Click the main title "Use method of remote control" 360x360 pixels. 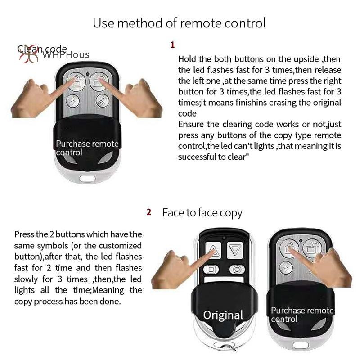(179, 23)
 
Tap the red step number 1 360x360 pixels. (172, 45)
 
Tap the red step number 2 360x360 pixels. (149, 212)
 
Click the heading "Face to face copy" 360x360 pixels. (202, 213)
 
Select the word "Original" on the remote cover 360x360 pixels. (223, 315)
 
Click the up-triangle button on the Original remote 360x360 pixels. (213, 250)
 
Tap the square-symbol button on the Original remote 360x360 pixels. (211, 269)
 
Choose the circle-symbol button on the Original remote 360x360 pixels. (237, 269)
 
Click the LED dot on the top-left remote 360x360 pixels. (87, 74)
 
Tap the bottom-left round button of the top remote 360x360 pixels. (73, 101)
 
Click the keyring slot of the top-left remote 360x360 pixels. (87, 178)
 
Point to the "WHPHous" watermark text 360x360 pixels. (65, 55)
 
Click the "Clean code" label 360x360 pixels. (42, 49)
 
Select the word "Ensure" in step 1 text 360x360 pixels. (191, 124)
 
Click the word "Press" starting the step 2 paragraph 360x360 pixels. (24, 234)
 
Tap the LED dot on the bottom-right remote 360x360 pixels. (301, 240)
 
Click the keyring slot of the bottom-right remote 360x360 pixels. (301, 345)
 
